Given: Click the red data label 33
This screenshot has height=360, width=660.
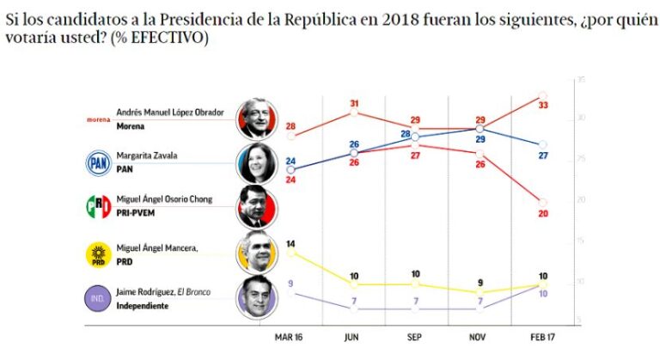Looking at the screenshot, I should tap(542, 105).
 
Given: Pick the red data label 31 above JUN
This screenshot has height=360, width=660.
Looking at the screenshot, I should tap(353, 104).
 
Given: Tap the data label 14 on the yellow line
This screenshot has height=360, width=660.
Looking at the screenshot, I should tap(290, 243).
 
